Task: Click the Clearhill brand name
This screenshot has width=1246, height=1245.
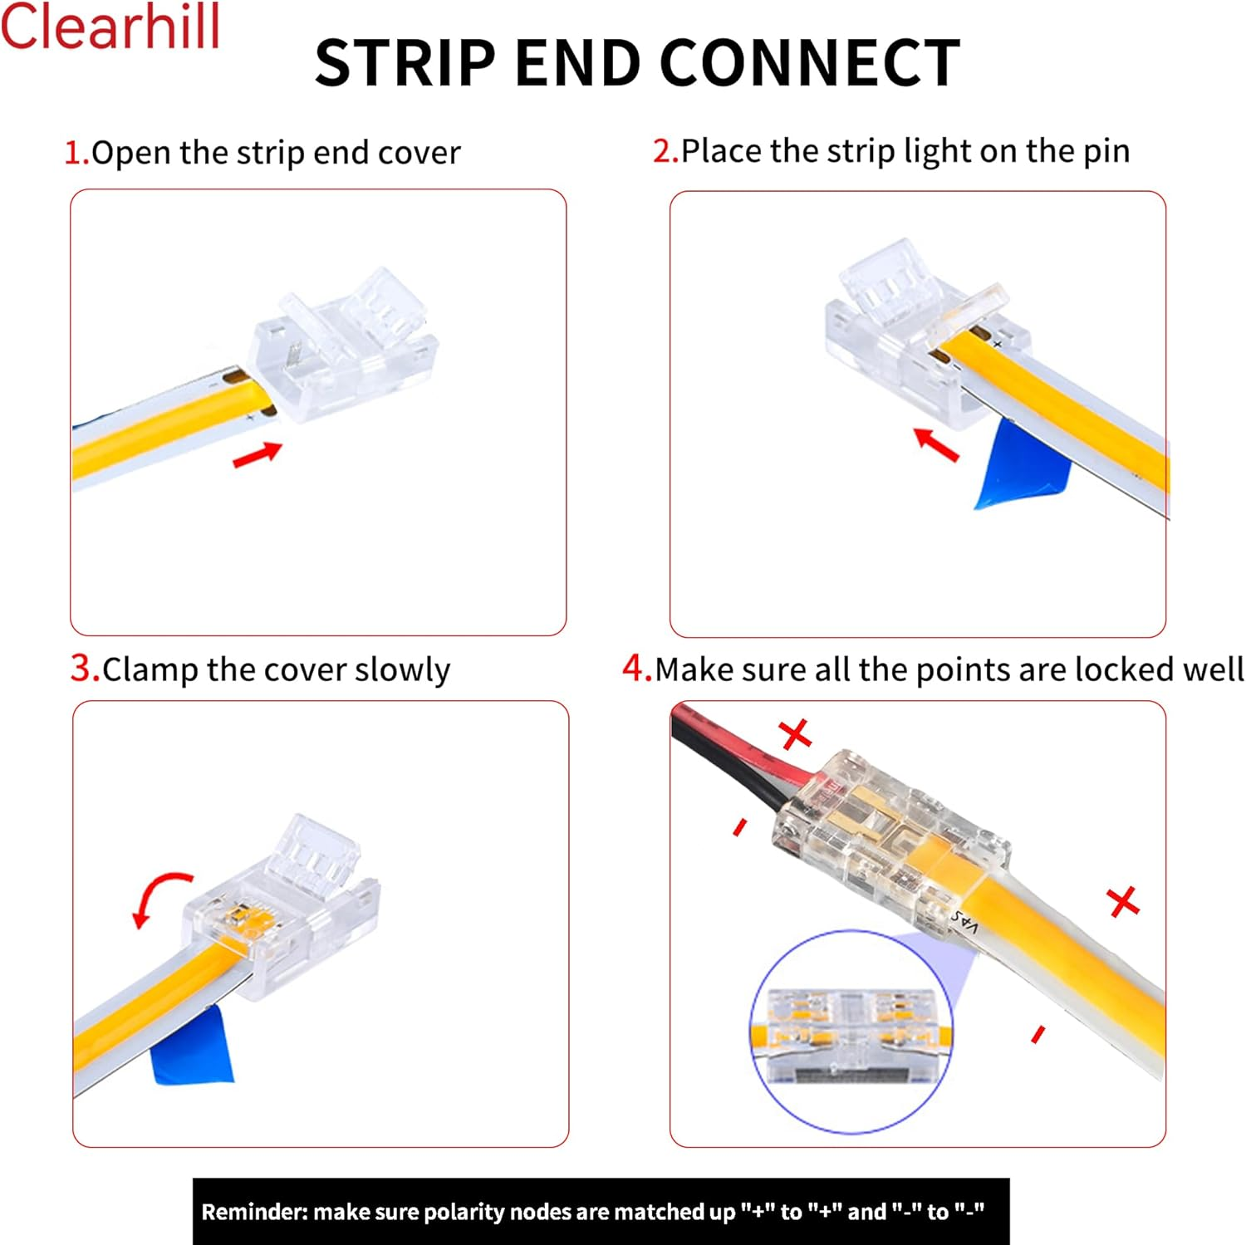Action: (110, 27)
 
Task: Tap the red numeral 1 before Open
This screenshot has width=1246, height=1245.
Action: (75, 153)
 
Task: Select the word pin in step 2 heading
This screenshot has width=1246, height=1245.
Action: (1106, 152)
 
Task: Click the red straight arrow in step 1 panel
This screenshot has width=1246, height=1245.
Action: (257, 455)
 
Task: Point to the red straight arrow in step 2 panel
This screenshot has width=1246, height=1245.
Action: (936, 444)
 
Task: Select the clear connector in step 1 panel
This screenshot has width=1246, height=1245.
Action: (345, 349)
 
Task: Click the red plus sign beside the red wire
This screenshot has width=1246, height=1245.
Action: (795, 734)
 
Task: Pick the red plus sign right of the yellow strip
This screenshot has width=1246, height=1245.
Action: (1123, 901)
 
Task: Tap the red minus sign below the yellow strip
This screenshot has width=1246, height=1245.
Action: (1038, 1034)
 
